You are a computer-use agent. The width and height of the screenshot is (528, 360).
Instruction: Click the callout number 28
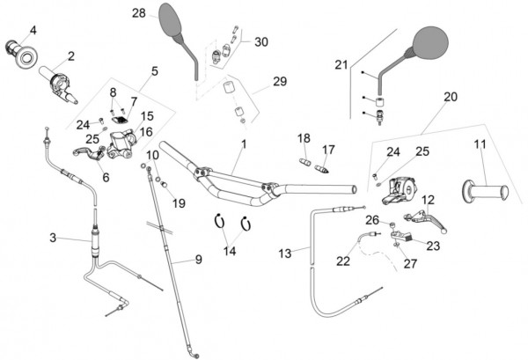pos(138,13)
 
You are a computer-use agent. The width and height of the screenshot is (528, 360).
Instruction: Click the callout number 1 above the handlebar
pos(243,143)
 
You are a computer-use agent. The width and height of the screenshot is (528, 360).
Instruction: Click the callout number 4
pos(33,30)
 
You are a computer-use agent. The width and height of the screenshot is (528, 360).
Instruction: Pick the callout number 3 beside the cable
pos(53,238)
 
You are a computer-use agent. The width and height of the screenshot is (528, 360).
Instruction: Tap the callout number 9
pos(198,260)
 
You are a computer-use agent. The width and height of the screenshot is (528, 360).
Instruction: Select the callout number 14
pos(231,252)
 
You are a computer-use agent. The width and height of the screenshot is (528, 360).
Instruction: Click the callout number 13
pos(284,253)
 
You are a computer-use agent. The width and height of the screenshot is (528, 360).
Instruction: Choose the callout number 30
pos(260,42)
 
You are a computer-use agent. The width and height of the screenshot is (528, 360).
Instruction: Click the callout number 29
pos(280,81)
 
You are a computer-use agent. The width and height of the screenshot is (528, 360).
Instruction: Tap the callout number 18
pos(304,138)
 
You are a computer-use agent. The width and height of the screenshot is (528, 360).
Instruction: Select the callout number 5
pos(154,70)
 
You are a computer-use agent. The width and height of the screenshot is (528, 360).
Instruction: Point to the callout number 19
pos(179,203)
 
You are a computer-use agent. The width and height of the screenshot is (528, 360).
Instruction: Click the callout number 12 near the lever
pos(429,201)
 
